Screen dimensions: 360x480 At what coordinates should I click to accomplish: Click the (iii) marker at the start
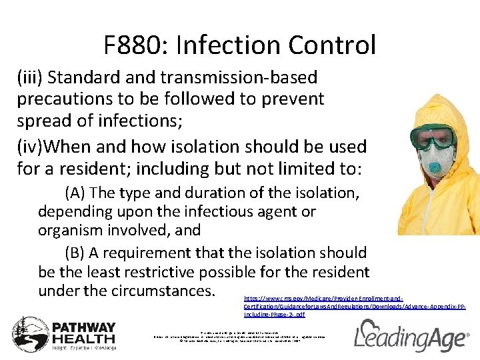[x=31, y=78]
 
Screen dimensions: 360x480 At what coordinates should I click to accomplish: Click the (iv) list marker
[x=29, y=146]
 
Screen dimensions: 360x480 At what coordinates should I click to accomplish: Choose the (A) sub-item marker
[x=75, y=193]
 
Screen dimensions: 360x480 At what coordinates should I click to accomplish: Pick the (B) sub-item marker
[x=75, y=253]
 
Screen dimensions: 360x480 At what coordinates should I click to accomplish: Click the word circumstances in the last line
[x=159, y=291]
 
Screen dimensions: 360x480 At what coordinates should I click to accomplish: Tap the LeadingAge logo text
[x=410, y=337]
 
